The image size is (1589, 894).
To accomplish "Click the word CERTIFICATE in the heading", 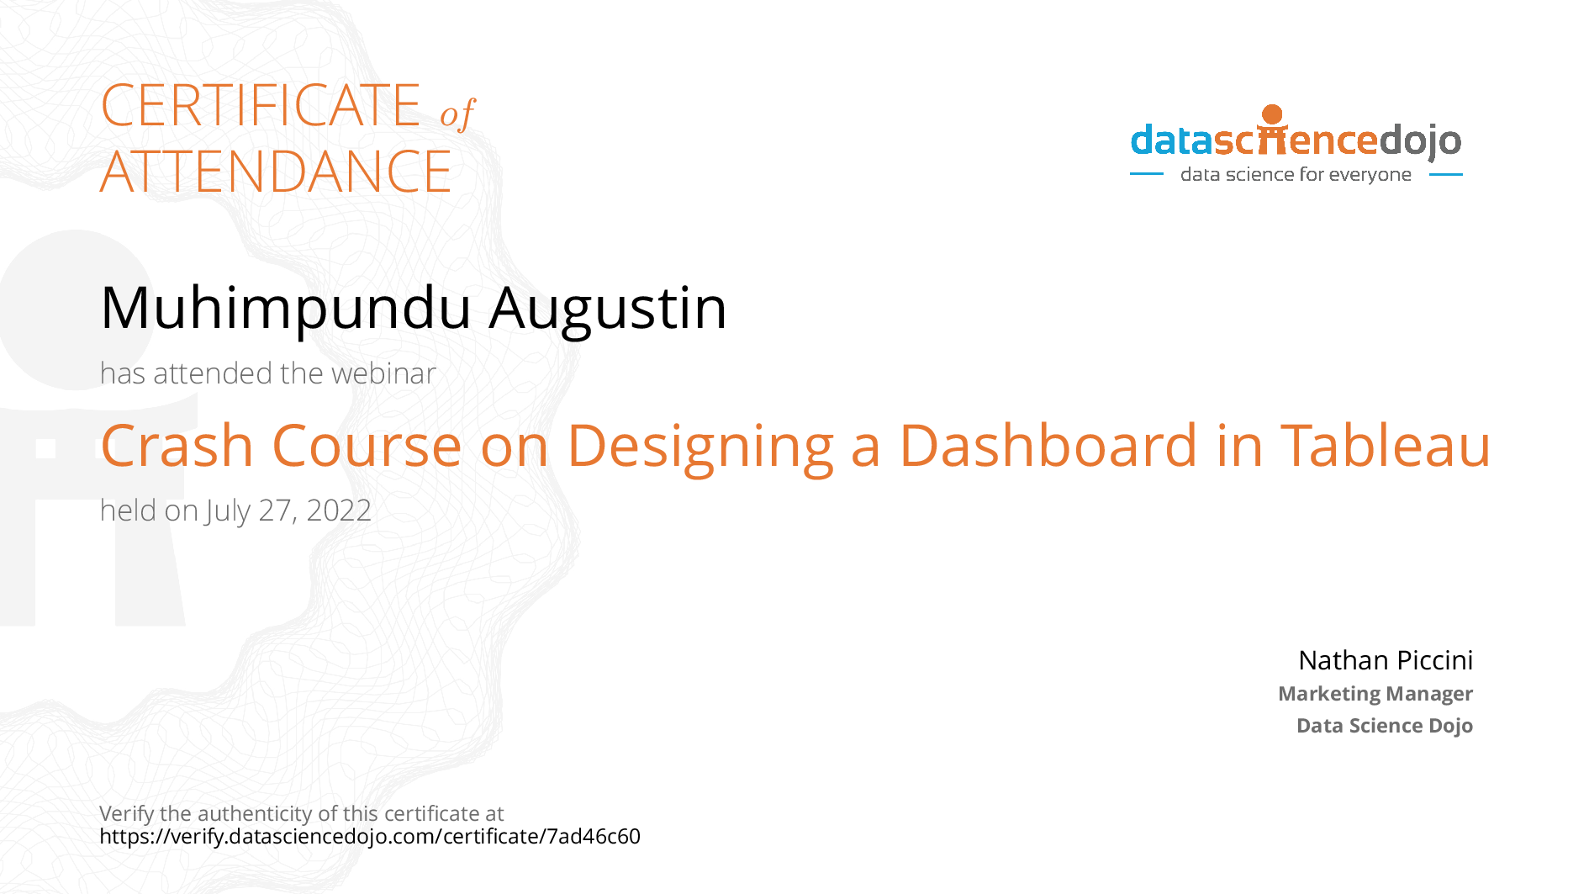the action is tap(261, 105).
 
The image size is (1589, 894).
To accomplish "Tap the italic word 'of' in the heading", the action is tap(457, 114).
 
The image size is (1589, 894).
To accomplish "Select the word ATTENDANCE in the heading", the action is tap(276, 172).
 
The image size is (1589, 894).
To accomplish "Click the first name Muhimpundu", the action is tap(286, 309).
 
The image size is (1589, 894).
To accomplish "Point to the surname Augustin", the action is tap(608, 309).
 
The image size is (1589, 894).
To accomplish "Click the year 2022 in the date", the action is tap(339, 510).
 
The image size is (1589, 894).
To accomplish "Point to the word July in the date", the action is tap(228, 511).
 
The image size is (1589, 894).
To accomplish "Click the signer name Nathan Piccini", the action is tap(1386, 660).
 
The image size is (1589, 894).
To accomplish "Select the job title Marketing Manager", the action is tap(1375, 694).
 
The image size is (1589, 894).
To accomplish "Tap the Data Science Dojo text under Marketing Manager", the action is tap(1385, 725).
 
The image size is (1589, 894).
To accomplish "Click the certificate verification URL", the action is tap(370, 837).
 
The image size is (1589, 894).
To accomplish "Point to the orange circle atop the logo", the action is tap(1272, 114).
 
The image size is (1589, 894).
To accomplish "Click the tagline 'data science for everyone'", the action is tap(1296, 174).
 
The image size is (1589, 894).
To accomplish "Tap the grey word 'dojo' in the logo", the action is tap(1420, 141).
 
